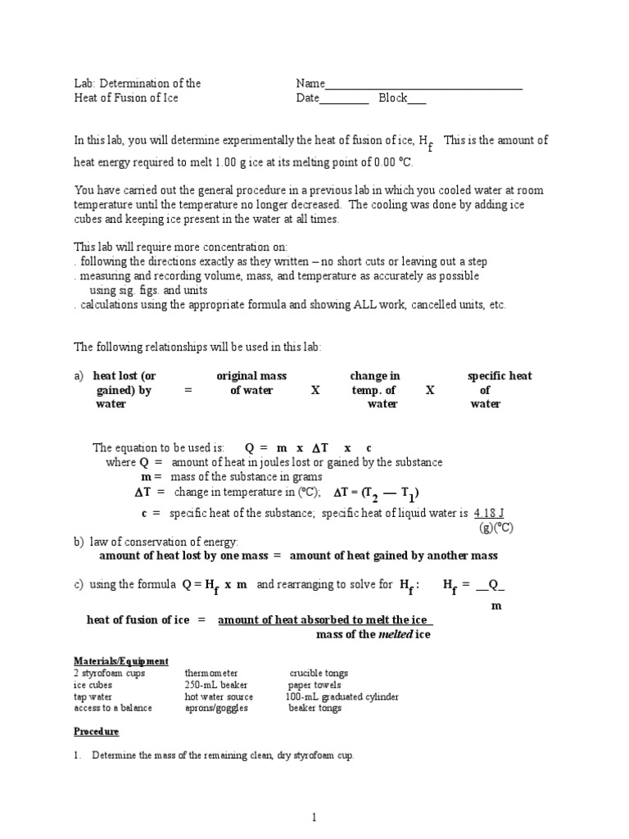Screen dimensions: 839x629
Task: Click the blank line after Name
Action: (423, 85)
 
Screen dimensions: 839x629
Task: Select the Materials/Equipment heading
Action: (121, 660)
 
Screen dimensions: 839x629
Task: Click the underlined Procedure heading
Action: (96, 731)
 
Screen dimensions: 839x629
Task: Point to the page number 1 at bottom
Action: (314, 817)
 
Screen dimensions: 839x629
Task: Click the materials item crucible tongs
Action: (319, 673)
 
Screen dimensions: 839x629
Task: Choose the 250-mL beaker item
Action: (216, 685)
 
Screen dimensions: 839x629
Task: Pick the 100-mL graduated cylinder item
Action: (342, 696)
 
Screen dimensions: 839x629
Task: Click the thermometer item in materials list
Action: (211, 673)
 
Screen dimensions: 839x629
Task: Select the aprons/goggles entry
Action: (216, 708)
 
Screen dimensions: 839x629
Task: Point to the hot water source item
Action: (219, 696)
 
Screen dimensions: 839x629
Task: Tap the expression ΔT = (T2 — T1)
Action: (377, 493)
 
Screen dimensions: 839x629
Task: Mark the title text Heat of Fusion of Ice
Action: (125, 98)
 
